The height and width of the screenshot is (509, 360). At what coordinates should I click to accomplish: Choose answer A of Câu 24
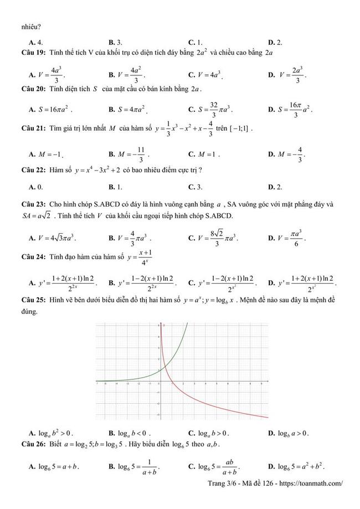(x=64, y=282)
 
